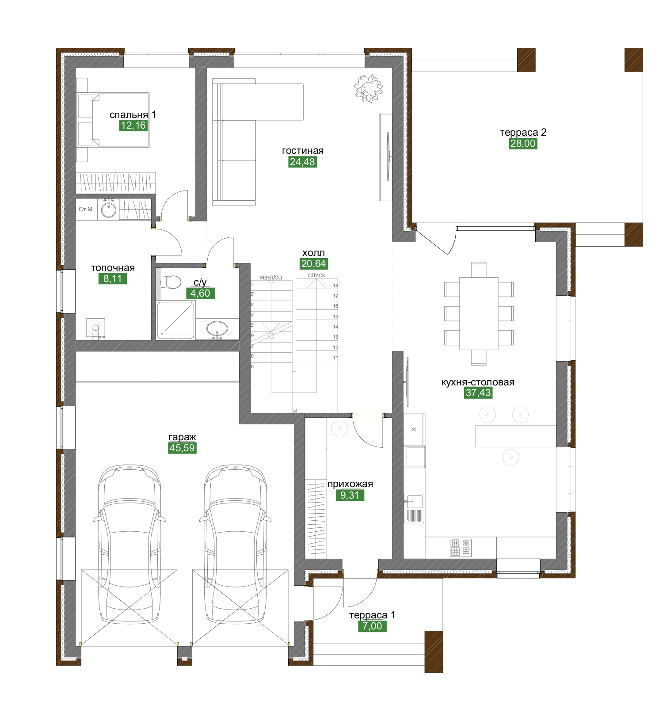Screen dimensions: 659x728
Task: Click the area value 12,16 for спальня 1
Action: coord(133,126)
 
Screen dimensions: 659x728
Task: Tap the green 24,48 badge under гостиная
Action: coord(302,162)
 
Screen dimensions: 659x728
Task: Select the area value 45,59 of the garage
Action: coord(182,448)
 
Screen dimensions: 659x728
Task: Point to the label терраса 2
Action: coord(523,133)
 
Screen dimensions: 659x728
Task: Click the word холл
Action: coord(313,253)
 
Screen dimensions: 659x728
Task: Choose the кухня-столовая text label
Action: coord(478,382)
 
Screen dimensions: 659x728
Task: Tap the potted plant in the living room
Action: coord(368,88)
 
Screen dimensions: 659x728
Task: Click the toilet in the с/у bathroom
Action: coord(170,282)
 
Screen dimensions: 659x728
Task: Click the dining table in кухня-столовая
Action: coord(479,313)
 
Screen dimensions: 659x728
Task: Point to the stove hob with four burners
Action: coord(461,547)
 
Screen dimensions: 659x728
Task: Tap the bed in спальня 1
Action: coord(113,120)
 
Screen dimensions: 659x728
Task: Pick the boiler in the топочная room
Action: coord(95,328)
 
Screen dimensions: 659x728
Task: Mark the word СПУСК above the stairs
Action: coord(316,275)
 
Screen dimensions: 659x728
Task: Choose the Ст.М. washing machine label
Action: coord(86,209)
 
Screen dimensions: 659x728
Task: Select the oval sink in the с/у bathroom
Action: coord(217,329)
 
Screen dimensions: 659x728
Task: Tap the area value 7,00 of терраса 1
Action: coord(372,626)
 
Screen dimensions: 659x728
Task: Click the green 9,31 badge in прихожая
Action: coord(350,495)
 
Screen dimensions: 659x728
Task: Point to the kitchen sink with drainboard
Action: coord(414,508)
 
